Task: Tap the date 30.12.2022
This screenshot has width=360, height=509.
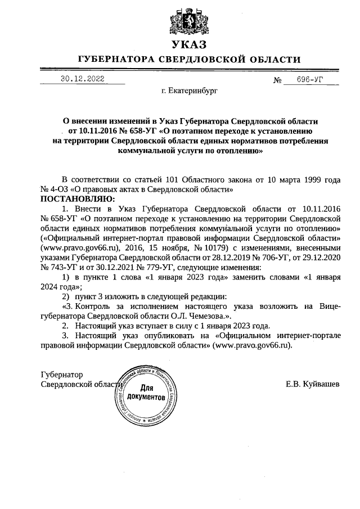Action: (82, 79)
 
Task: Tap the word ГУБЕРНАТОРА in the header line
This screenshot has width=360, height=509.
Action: (118, 60)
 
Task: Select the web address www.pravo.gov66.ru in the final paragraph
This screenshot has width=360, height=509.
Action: (253, 346)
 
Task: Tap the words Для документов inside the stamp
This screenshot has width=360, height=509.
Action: (147, 393)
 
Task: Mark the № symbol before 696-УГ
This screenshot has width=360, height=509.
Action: (277, 80)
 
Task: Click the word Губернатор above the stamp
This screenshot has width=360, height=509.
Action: (62, 375)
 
